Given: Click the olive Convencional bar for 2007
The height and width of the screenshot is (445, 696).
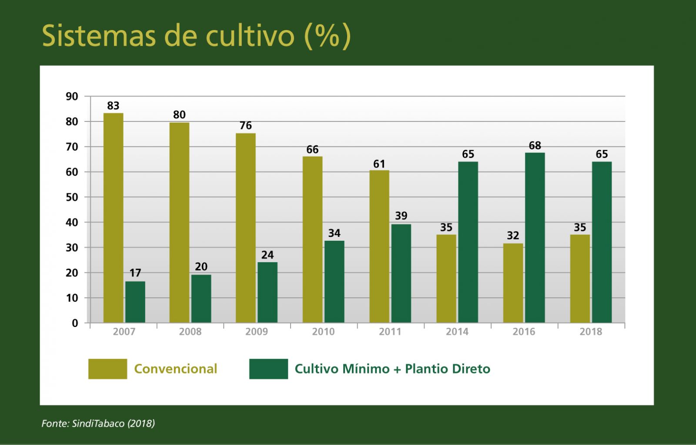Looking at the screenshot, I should [113, 218].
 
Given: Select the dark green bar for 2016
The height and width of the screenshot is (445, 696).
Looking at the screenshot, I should [535, 237].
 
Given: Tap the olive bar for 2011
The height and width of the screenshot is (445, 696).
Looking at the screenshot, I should [379, 246].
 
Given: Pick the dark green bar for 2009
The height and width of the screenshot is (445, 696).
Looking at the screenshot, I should [268, 292].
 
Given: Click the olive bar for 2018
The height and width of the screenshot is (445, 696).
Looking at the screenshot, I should [580, 279].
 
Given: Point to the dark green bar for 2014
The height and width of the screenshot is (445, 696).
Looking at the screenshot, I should [468, 242].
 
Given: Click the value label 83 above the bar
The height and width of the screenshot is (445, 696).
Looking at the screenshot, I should [113, 106].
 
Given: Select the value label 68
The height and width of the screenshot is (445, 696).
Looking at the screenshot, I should [535, 145].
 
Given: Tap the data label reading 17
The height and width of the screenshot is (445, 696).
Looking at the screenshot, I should [135, 273].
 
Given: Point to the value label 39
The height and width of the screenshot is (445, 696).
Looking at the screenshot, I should [401, 216].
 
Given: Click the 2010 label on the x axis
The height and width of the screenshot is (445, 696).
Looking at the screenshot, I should [323, 332].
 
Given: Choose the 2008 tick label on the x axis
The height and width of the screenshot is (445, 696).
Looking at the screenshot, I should [190, 332].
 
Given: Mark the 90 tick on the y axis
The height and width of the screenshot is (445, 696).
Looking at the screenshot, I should [72, 97].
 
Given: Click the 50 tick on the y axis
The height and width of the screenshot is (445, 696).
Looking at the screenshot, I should [72, 197].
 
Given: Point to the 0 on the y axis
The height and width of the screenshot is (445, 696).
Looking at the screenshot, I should [75, 323].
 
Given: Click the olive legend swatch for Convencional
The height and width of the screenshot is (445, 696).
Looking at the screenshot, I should [107, 369].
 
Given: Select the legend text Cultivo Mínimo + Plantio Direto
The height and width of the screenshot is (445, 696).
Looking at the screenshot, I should [392, 369].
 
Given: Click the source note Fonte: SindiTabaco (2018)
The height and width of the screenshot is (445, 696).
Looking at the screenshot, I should [98, 423].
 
